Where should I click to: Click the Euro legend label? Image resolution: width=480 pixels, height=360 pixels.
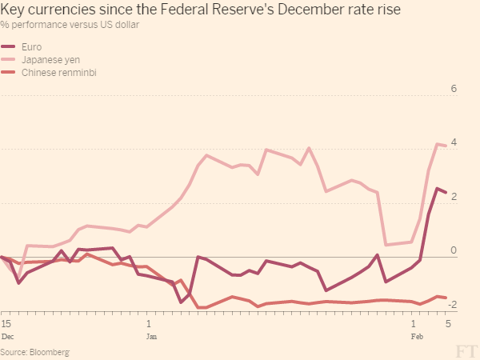pos(32,47)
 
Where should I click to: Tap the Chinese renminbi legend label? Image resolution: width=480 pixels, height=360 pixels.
pos(54,73)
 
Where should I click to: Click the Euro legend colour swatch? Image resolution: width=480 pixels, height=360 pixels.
pos(10,47)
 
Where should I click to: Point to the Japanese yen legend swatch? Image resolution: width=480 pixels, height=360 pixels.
pos(10,60)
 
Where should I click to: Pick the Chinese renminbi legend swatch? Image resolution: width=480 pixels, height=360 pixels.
pos(10,73)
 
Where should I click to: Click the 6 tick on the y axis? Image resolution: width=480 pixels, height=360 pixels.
pos(454,89)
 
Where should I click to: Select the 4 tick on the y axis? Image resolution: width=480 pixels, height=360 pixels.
pos(454,142)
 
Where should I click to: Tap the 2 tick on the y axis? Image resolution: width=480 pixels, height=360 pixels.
pos(454,197)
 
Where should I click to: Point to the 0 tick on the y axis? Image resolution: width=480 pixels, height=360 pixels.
pos(454,250)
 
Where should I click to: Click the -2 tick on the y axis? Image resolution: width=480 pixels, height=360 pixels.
pos(452,305)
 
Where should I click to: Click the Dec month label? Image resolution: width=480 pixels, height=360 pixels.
pos(7,338)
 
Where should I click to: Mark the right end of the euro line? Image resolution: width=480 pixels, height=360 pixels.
pos(446,193)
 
